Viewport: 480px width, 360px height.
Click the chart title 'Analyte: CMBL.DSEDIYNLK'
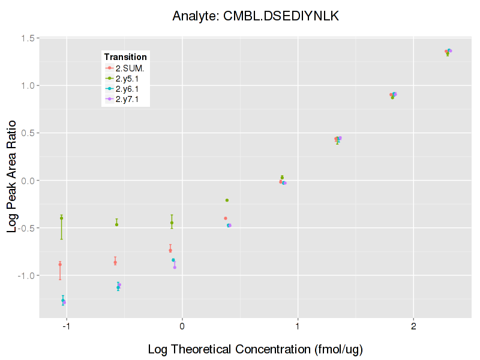tap(256, 16)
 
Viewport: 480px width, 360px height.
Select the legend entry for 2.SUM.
tap(130, 68)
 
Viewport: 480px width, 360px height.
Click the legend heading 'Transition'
tap(125, 57)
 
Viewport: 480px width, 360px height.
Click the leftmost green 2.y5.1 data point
tap(61, 218)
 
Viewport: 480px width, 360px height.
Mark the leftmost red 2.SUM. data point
tap(60, 264)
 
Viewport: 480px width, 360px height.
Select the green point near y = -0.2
tap(227, 200)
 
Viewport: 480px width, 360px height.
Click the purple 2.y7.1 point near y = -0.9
tap(175, 267)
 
